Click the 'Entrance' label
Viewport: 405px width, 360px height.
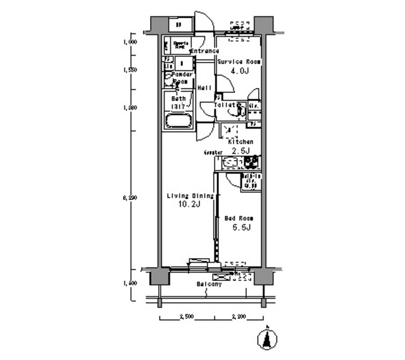tap(204, 51)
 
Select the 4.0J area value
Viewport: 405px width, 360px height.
tap(239, 71)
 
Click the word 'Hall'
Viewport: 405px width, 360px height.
tap(204, 88)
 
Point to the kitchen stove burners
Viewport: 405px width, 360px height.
tap(251, 161)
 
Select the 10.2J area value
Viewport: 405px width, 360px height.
tap(187, 205)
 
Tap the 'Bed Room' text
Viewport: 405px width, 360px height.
tap(239, 218)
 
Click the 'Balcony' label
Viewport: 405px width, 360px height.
tap(209, 285)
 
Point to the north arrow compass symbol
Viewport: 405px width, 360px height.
tap(268, 339)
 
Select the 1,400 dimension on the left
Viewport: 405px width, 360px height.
tap(130, 282)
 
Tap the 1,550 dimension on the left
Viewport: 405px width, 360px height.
tap(130, 70)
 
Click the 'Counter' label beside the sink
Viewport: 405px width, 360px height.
tap(213, 152)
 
